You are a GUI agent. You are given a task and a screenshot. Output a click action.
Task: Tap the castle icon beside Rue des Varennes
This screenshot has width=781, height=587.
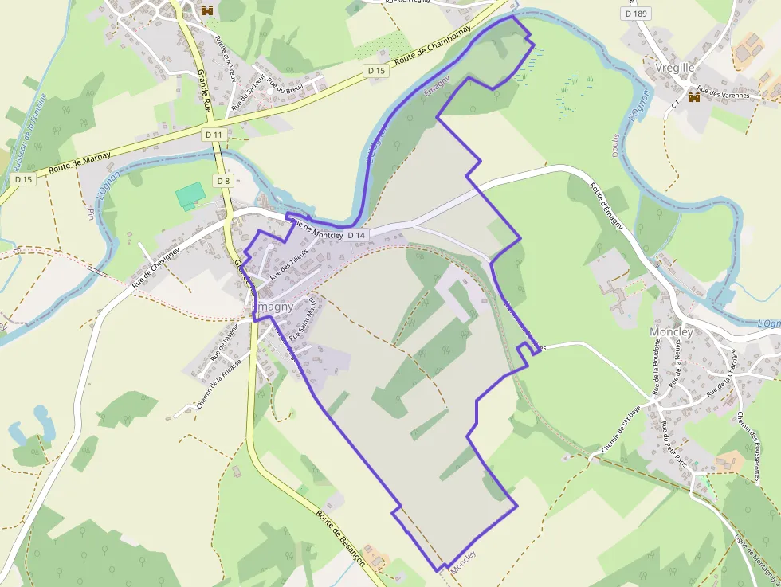693,96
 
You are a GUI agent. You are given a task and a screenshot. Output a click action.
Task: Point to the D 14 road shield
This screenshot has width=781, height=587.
356,235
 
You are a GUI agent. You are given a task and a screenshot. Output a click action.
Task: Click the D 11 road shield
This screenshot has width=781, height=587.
214,135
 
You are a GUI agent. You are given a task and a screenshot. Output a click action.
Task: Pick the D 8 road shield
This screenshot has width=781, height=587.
222,181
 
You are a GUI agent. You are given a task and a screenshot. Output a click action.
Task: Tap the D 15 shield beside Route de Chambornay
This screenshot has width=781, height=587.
377,71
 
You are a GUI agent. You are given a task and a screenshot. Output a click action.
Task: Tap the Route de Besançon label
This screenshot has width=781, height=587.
340,538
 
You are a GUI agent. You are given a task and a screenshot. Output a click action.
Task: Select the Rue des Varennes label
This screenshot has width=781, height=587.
723,94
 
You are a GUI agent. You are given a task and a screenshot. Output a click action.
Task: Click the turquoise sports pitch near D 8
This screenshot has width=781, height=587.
190,194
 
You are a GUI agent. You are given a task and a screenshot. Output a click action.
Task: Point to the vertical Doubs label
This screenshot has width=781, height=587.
616,144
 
